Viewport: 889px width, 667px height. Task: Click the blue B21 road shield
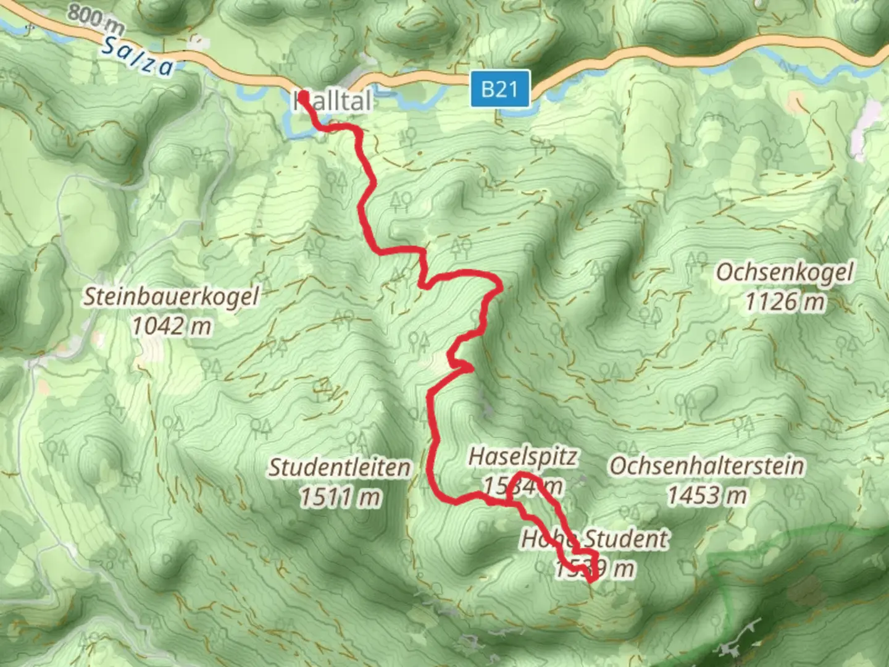[x=499, y=90]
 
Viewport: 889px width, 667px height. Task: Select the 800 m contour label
[x=96, y=19]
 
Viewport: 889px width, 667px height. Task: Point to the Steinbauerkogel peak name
[x=172, y=296]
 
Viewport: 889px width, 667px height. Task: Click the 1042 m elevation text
[x=172, y=325]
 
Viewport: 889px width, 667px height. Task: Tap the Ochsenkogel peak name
[x=785, y=272]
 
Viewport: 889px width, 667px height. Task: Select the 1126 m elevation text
[x=785, y=302]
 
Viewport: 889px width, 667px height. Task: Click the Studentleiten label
[x=340, y=468]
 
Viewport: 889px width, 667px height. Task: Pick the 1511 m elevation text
[x=340, y=497]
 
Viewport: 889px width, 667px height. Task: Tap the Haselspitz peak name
[x=523, y=457]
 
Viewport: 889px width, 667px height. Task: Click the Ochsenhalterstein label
[x=707, y=466]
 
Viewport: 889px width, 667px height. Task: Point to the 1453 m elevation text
[x=707, y=495]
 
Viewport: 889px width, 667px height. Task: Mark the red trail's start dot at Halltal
[x=304, y=96]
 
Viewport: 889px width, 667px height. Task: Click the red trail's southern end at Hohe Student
[x=591, y=579]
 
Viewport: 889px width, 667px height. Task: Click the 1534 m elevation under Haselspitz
[x=523, y=487]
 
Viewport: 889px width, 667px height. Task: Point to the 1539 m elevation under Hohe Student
[x=595, y=568]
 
